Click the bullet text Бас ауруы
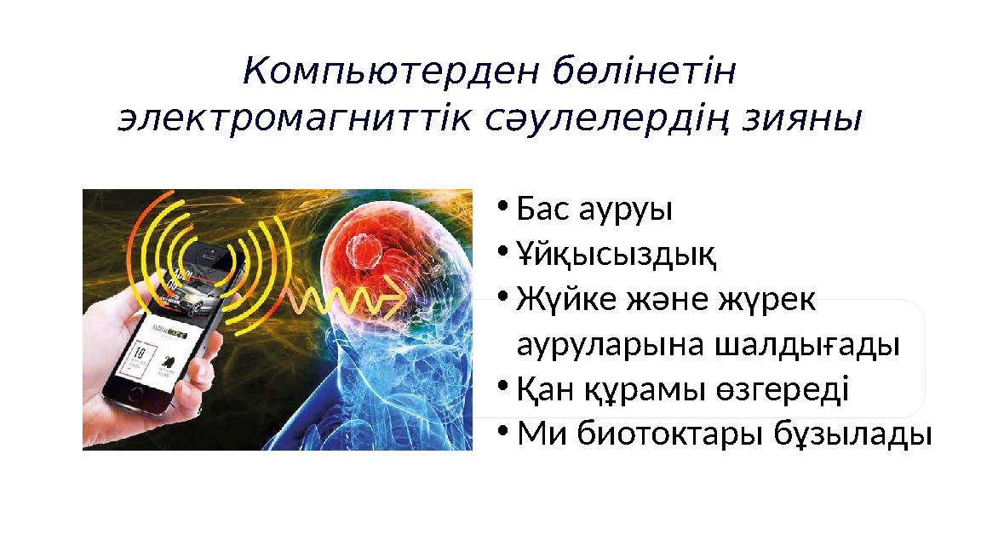pyautogui.click(x=594, y=209)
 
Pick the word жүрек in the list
pyautogui.click(x=768, y=299)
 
